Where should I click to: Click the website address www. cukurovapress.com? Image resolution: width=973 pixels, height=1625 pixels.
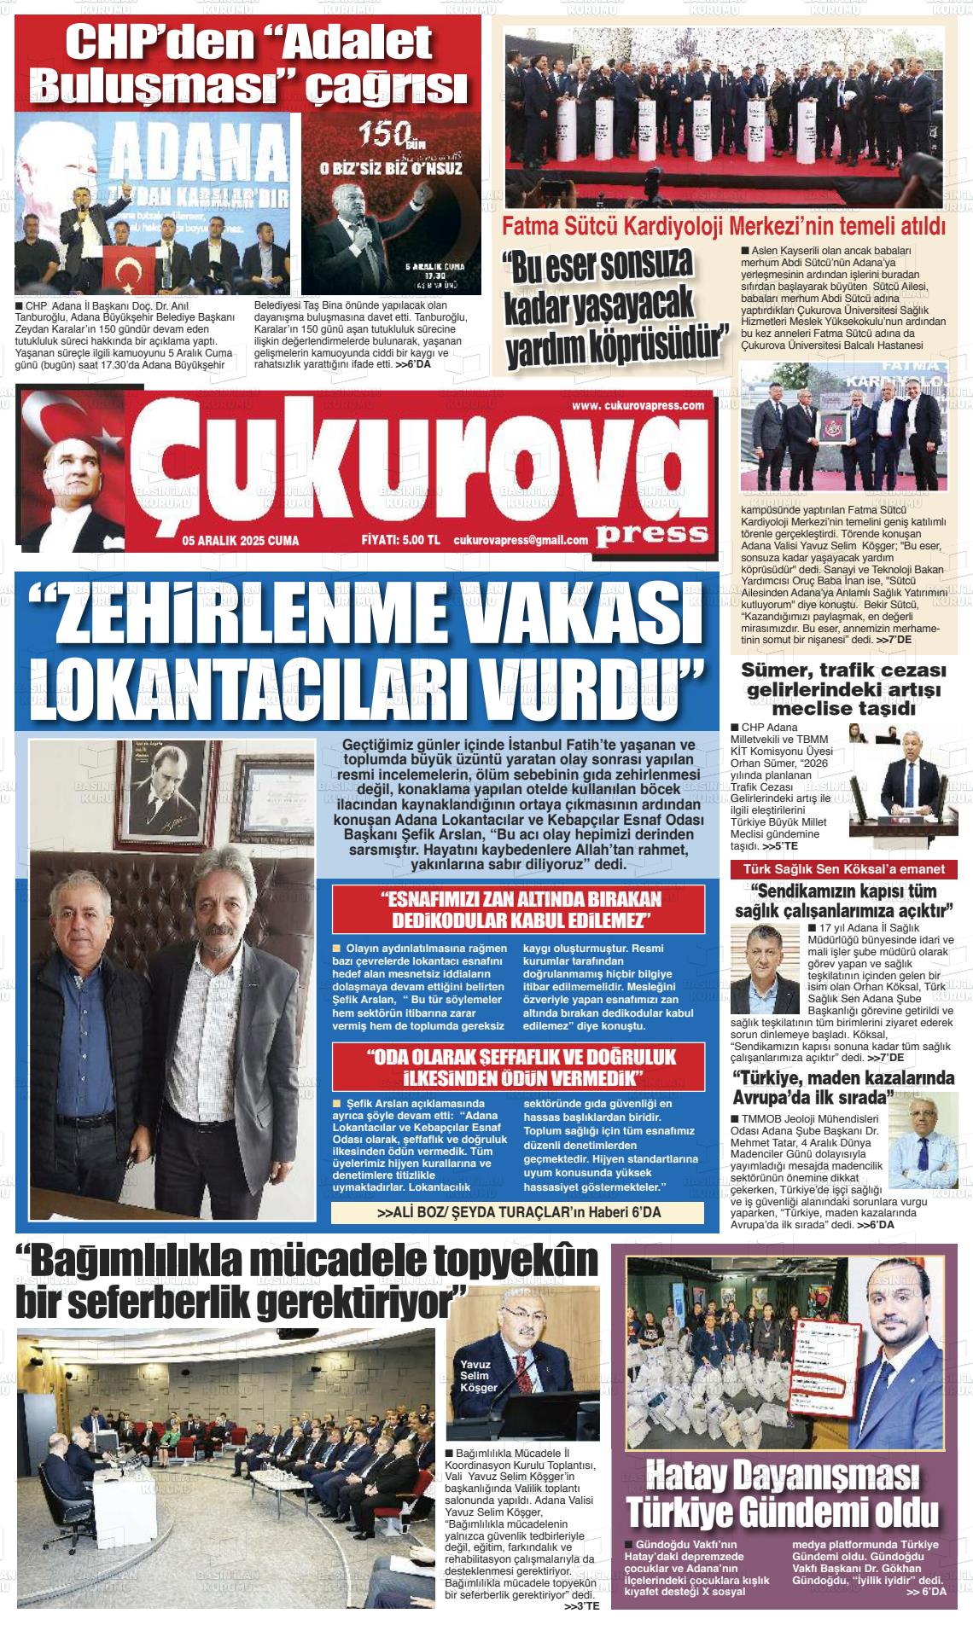coord(638,405)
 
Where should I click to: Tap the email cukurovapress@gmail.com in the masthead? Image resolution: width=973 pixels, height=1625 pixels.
coord(521,540)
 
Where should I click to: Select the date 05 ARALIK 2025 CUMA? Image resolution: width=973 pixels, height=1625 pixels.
coord(240,540)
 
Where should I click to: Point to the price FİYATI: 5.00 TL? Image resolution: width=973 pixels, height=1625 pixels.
coord(400,540)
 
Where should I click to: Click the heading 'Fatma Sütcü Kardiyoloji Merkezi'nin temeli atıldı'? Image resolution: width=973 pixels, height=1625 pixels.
coord(724,227)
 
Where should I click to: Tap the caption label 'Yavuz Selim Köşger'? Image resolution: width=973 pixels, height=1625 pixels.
coord(479,1375)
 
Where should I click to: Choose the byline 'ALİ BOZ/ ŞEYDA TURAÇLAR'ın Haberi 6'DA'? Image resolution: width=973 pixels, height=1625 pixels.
coord(518,1212)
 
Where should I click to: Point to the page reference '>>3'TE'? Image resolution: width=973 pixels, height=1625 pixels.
coord(582,1606)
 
